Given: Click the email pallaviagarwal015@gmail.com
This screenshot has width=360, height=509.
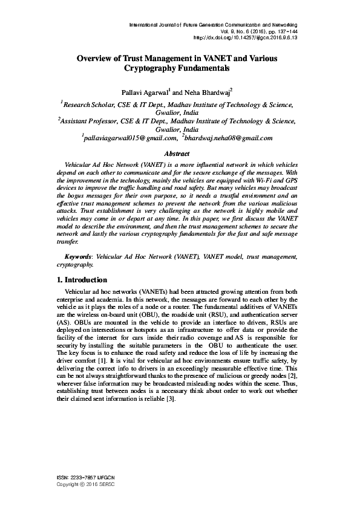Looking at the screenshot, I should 121,138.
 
